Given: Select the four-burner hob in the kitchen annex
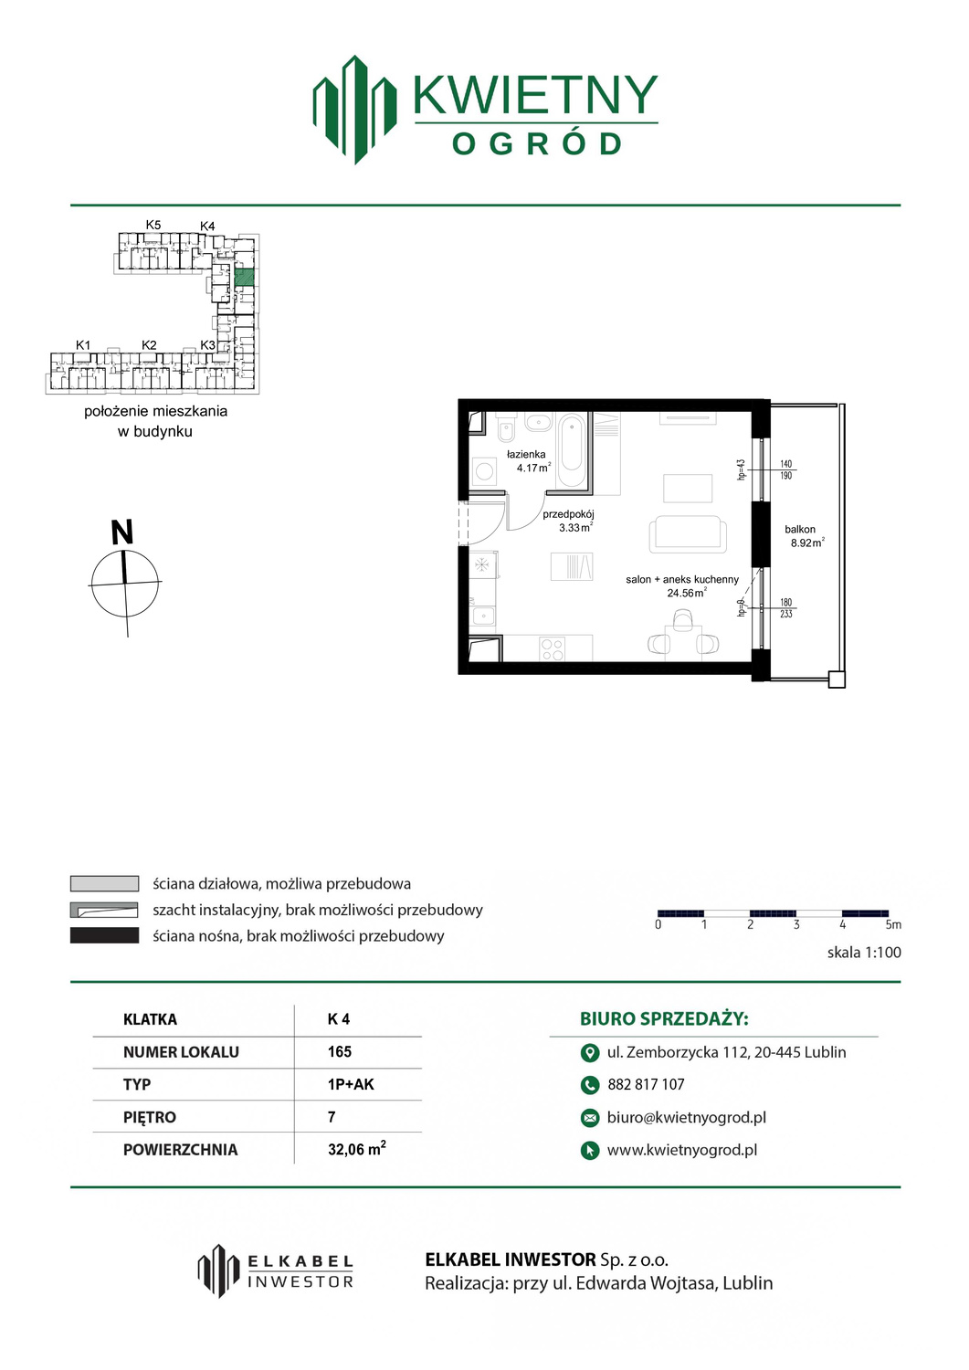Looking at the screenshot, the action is [x=552, y=648].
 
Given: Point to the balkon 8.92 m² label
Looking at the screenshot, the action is [x=804, y=536].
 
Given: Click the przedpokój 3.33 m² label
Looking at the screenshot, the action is [x=568, y=522].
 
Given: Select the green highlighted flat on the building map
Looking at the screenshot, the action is [x=244, y=278].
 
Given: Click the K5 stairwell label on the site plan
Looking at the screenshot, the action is [x=153, y=225].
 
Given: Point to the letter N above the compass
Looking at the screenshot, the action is [x=121, y=532].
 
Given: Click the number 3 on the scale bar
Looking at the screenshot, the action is [x=796, y=924].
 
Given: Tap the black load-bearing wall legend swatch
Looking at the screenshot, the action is [x=104, y=936].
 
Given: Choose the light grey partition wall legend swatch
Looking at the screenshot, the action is [x=104, y=884].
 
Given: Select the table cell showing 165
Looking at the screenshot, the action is [x=340, y=1052].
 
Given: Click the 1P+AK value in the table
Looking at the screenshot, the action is [x=351, y=1084].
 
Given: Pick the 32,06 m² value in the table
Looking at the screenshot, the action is [x=357, y=1149].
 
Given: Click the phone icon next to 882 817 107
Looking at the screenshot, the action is [x=589, y=1085].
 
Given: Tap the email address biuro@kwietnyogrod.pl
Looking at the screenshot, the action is [x=687, y=1117].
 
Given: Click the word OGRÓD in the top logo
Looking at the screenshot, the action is [x=536, y=144].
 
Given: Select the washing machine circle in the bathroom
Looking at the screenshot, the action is [x=485, y=471].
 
